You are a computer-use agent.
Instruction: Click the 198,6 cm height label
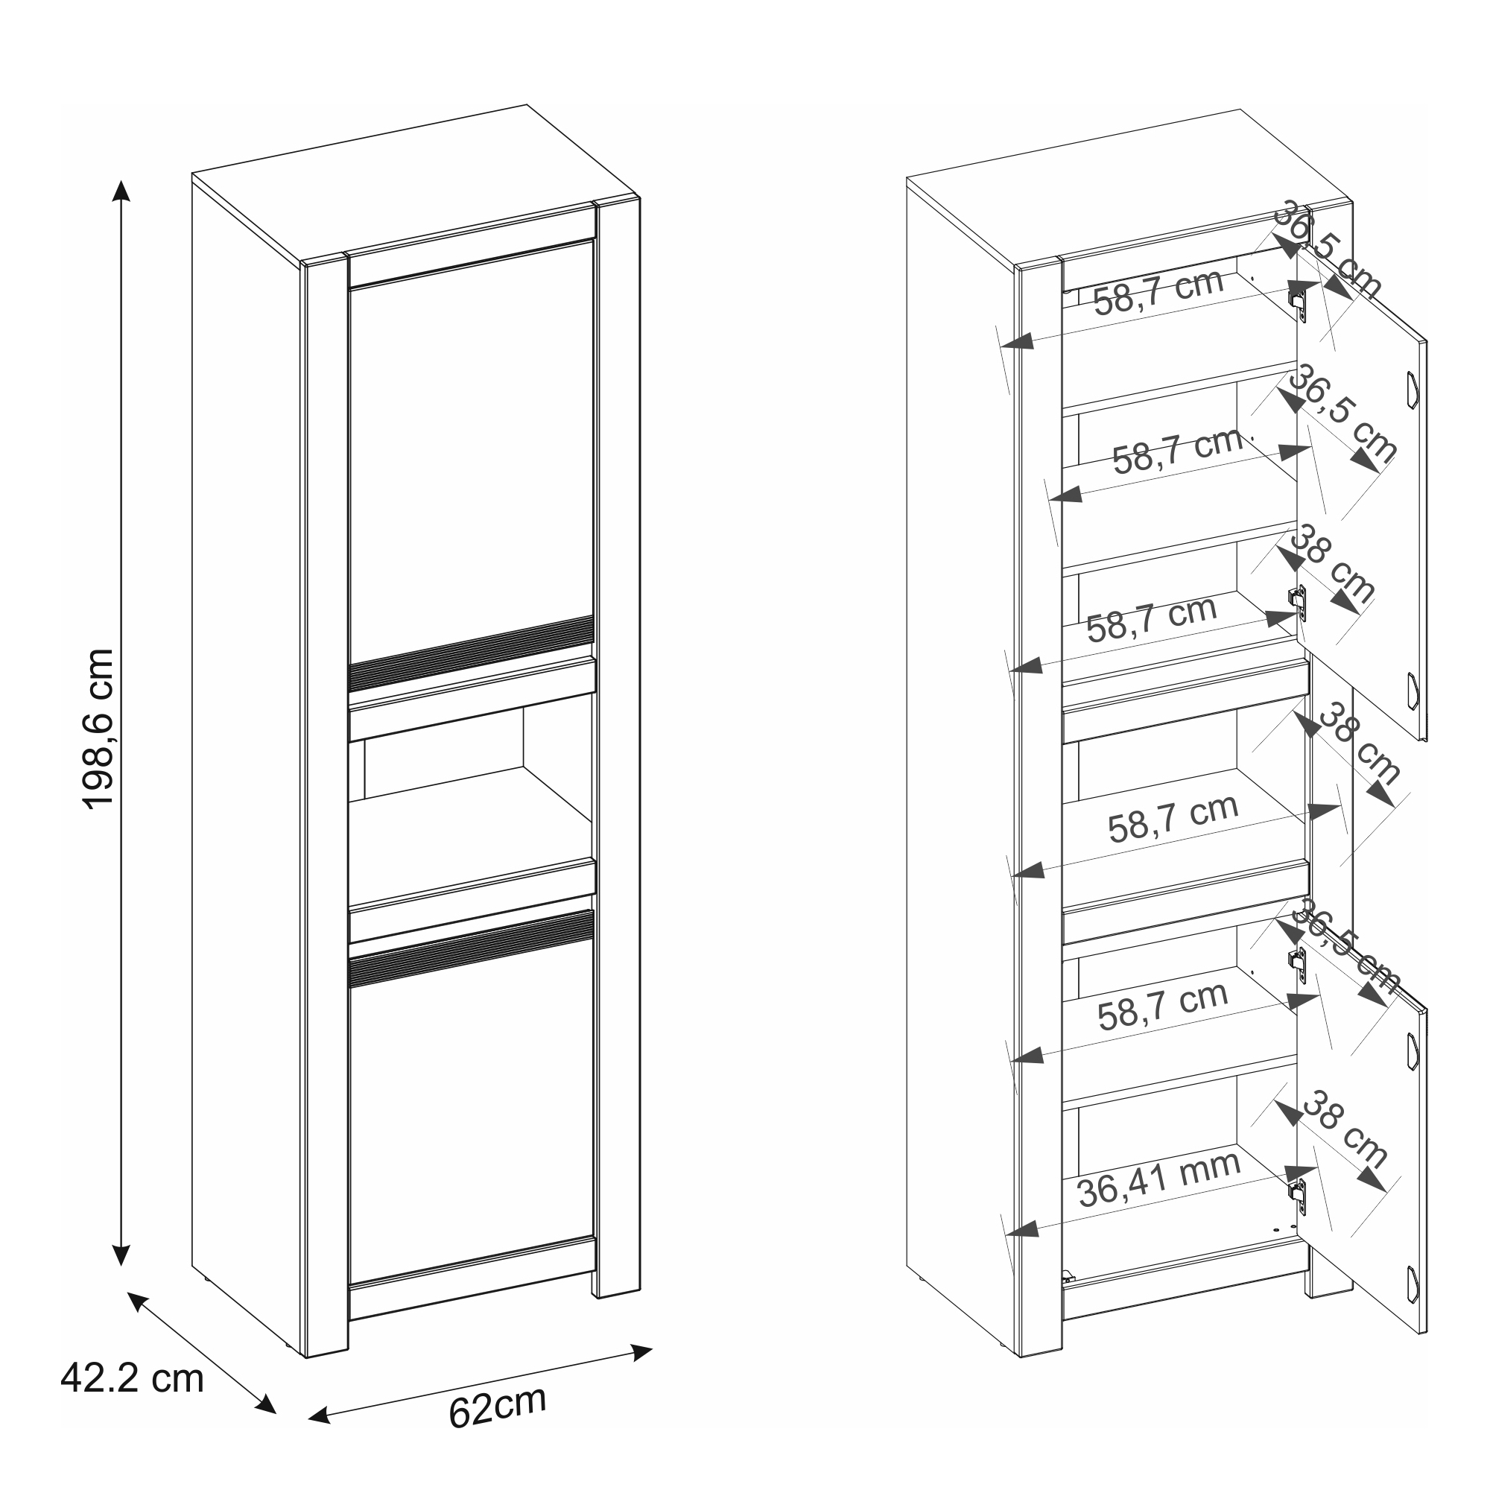click(x=99, y=728)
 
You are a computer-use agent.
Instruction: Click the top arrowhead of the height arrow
click(x=121, y=191)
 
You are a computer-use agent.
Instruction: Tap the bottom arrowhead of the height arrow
click(x=121, y=1255)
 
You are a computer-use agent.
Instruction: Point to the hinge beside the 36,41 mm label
click(x=1299, y=1198)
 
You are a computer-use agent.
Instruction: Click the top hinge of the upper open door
click(x=1299, y=301)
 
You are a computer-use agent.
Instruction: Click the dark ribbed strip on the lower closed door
click(x=472, y=948)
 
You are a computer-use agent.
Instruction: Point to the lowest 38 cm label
click(x=1343, y=1127)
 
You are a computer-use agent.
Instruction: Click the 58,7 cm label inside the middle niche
click(x=1173, y=817)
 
